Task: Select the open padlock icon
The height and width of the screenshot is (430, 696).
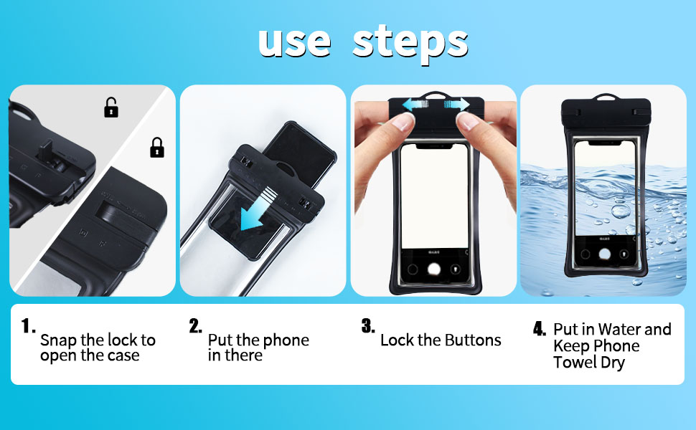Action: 111,108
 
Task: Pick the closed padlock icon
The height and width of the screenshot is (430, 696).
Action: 156,148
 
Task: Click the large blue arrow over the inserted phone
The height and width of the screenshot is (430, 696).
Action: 258,208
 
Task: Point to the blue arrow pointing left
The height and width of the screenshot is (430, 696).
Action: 416,105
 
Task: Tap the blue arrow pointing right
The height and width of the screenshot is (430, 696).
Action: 456,105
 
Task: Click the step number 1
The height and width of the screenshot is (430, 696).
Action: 28,327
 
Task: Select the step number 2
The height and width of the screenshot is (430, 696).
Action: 196,327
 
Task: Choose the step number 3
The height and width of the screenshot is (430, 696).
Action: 367,327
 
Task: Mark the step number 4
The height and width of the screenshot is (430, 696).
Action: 540,330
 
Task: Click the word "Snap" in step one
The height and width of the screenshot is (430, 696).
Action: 57,340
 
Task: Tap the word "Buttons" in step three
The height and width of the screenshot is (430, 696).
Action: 473,340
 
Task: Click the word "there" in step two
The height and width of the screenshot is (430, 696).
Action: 243,355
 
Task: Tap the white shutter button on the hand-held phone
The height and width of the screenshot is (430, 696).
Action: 433,269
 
